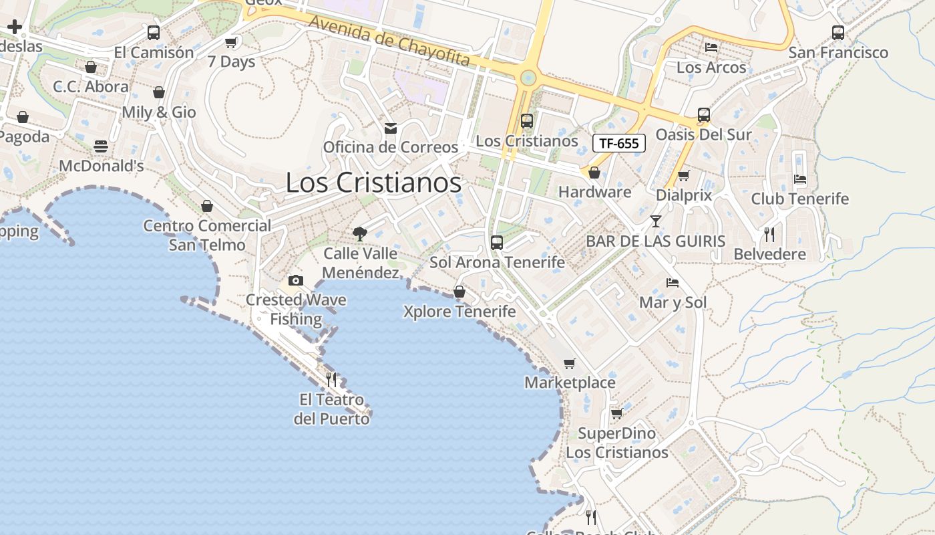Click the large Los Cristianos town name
pos(373,183)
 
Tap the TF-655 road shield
pos(619,142)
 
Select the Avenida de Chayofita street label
pos(389,41)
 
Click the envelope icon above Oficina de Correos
pos(391,128)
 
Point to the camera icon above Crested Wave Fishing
pos(296,281)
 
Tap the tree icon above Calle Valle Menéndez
pos(360,234)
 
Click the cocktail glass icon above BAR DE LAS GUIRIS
pos(656,221)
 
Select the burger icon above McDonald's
pos(101,146)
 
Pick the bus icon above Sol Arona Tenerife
pos(497,243)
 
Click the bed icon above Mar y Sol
pos(673,283)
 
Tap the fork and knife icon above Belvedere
pos(769,235)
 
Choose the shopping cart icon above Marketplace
pos(569,364)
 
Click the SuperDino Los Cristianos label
pos(616,443)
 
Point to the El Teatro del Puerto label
pos(332,409)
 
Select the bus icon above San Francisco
pos(838,32)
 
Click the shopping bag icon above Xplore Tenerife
pos(459,292)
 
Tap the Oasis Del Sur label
pos(703,134)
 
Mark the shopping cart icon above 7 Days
pos(231,42)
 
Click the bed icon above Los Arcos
pos(711,47)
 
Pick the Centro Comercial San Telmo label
pos(207,235)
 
